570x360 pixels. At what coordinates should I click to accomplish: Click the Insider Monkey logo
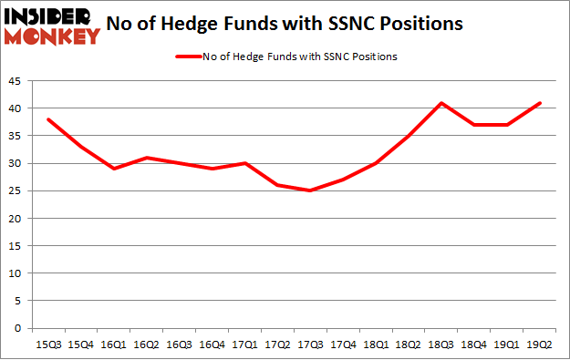tap(52, 26)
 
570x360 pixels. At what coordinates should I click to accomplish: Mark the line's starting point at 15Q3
tap(48, 119)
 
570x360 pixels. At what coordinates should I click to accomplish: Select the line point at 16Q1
tap(114, 169)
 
